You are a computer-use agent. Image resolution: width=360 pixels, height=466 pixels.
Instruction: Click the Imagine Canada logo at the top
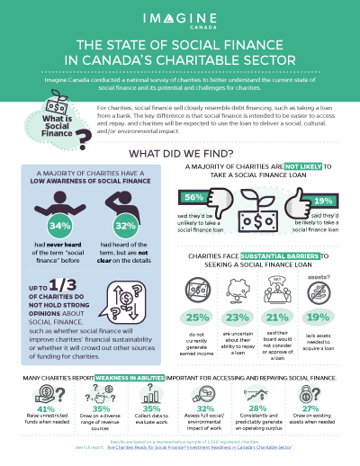click(180, 19)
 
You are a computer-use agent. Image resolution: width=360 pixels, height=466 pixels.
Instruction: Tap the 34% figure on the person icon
click(63, 223)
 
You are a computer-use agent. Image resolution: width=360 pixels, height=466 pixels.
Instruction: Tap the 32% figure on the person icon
click(126, 223)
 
